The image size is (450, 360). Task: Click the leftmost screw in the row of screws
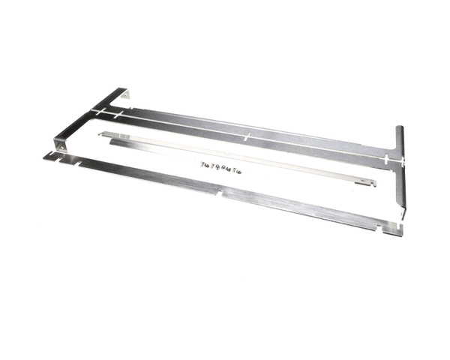click(x=202, y=163)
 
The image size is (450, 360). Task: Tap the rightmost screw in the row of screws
click(x=238, y=172)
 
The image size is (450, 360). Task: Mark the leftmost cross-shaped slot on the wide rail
click(x=97, y=111)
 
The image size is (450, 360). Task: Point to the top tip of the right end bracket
click(x=400, y=129)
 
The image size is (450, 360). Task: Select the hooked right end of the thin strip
click(x=367, y=182)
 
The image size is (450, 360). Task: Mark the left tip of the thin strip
click(x=101, y=134)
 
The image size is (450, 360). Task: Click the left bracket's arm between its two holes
click(x=90, y=118)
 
